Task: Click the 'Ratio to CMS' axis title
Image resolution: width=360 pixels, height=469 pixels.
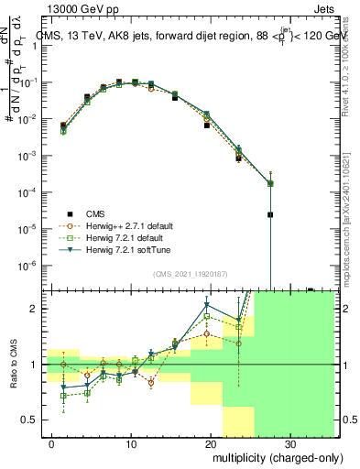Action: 13,365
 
